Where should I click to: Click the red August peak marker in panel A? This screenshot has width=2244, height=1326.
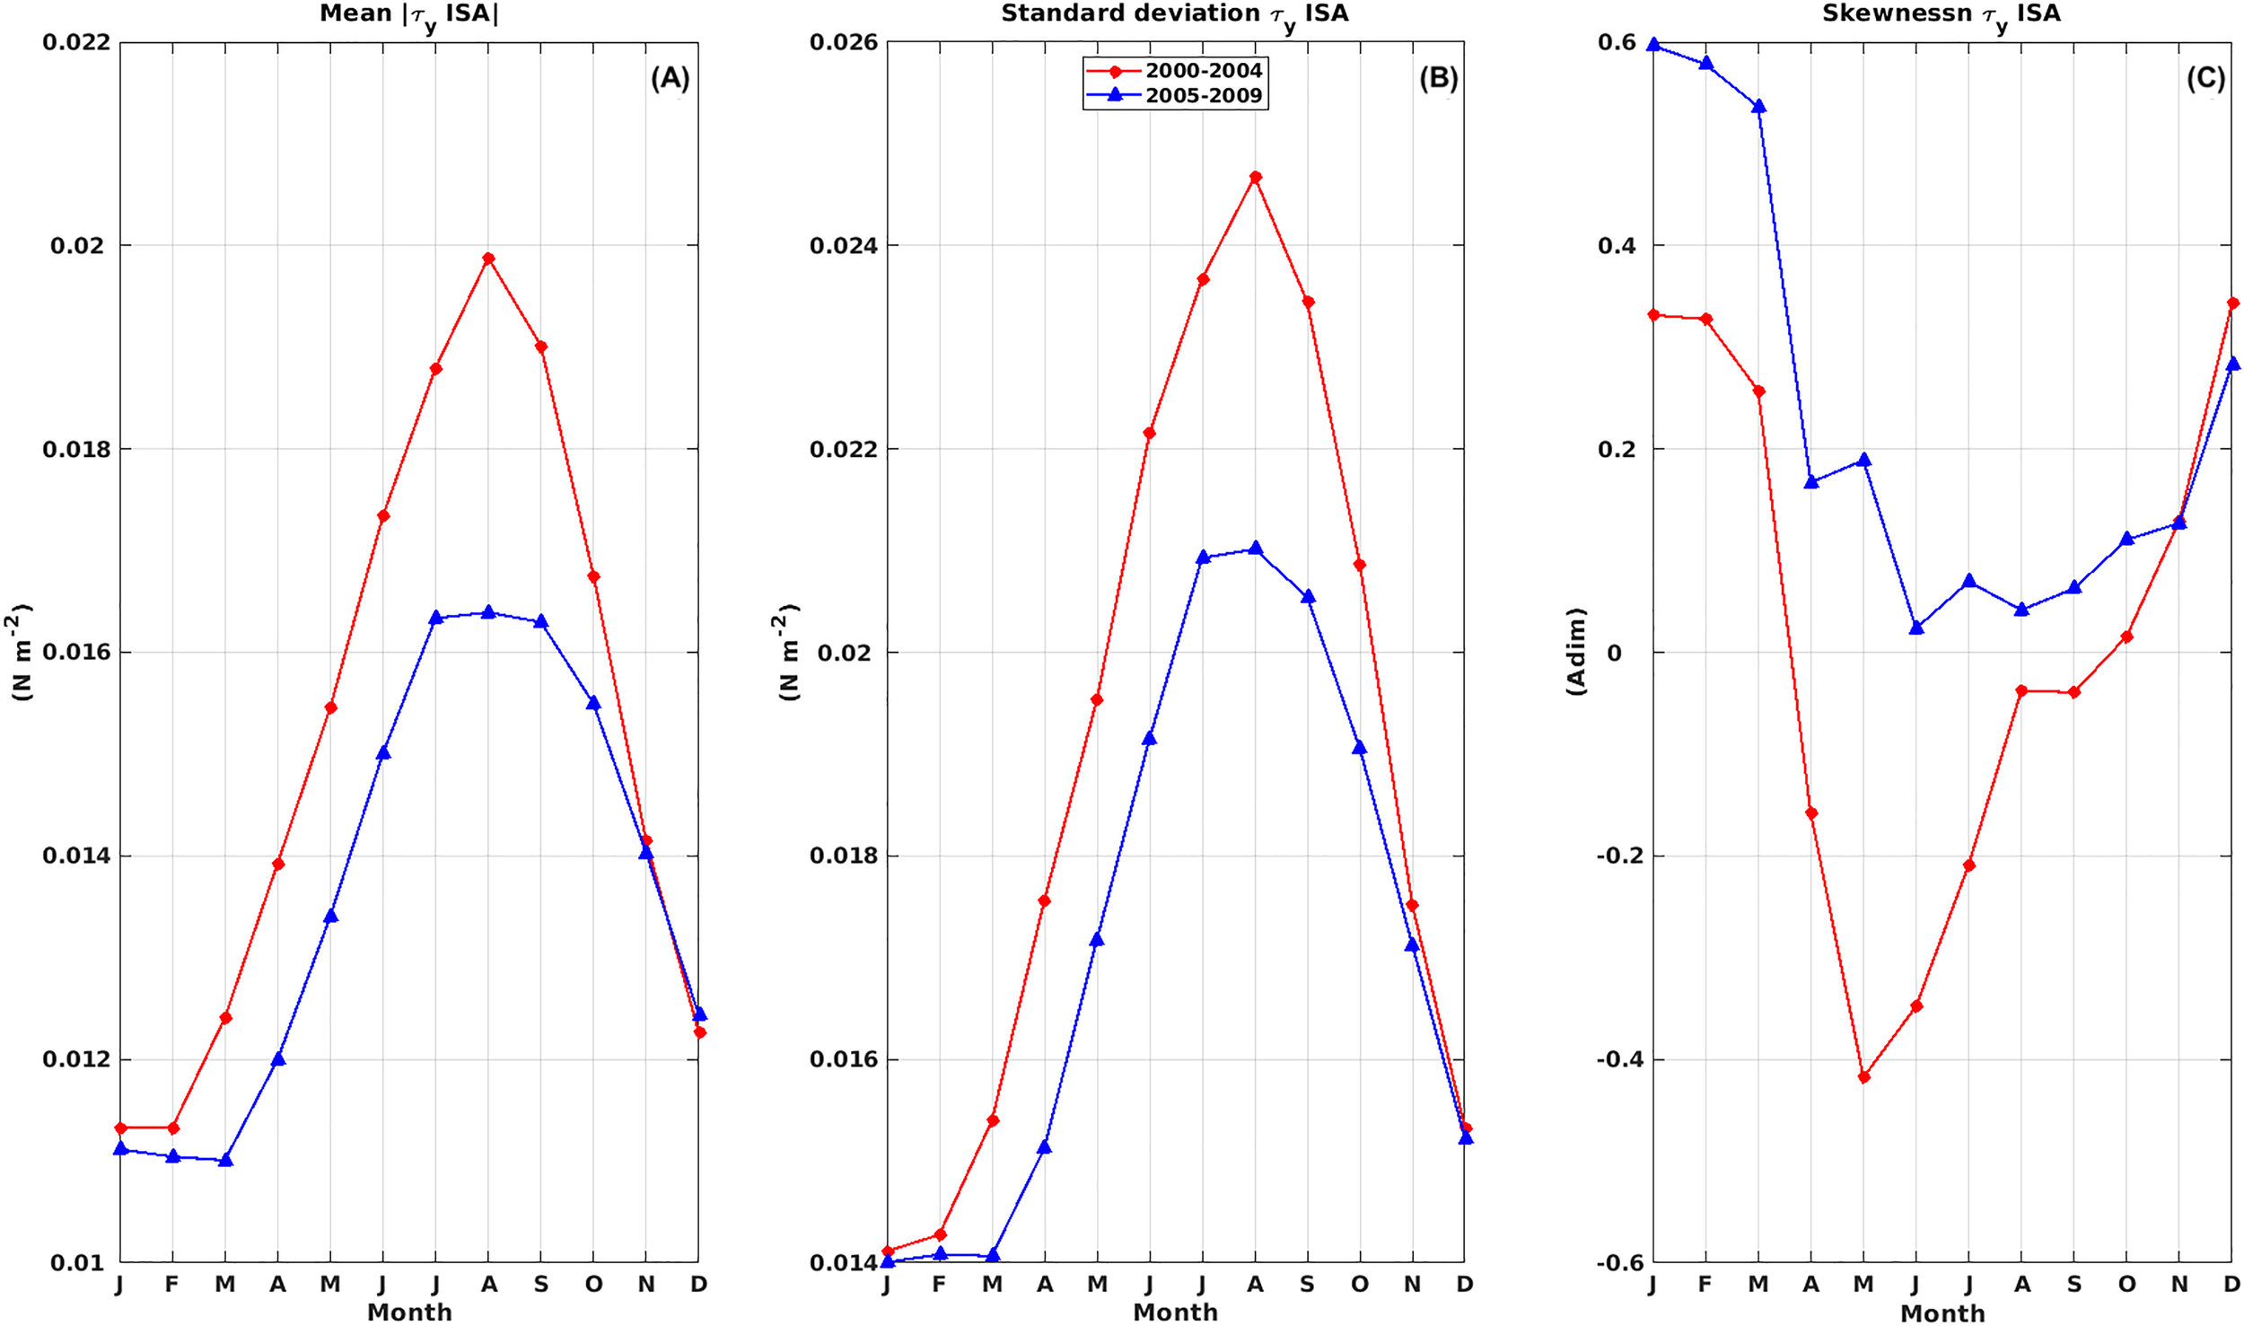[488, 259]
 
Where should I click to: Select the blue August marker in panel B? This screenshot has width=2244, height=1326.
[1255, 548]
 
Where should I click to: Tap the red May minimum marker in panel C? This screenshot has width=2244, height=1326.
[1863, 1077]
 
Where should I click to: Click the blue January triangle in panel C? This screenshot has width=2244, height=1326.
[1653, 45]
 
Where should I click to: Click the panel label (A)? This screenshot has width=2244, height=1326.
[670, 79]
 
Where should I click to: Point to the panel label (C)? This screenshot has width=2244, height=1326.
[2205, 79]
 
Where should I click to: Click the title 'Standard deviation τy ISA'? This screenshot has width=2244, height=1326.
[1174, 14]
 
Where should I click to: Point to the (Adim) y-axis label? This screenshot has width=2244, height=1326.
[1576, 651]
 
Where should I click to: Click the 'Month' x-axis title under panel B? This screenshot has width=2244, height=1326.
[1175, 1313]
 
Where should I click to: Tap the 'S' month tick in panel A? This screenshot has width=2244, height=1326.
[540, 1285]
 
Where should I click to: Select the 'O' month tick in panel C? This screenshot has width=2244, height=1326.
[2126, 1285]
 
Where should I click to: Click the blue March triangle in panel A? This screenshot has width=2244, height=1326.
[225, 1160]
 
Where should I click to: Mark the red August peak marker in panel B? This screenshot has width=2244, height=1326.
[1255, 177]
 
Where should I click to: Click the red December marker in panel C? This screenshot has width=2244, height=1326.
[2232, 303]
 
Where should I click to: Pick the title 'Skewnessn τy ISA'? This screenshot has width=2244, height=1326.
[1941, 14]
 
